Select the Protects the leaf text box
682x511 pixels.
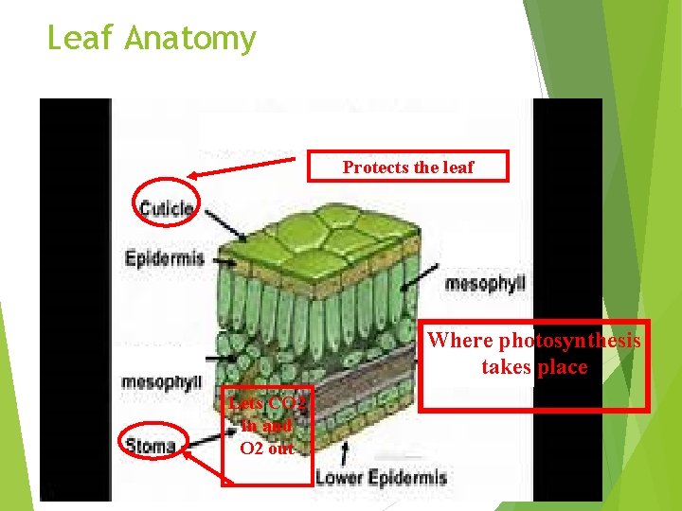tap(408, 167)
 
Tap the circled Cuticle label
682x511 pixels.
tap(166, 208)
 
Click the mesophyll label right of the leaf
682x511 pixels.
tap(484, 282)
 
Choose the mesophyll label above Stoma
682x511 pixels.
tap(161, 382)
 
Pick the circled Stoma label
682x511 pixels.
tap(152, 445)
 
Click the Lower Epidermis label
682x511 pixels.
tap(380, 477)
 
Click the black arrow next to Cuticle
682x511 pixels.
tap(222, 223)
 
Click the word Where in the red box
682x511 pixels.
tap(461, 341)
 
